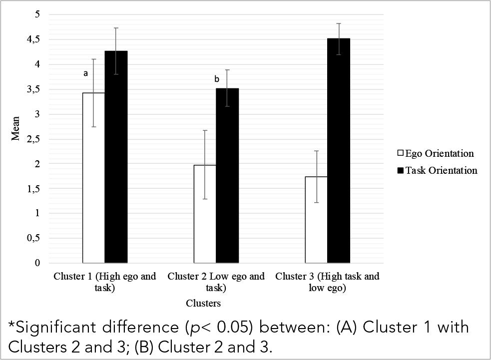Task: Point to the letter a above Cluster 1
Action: (x=85, y=73)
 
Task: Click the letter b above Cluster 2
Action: (x=216, y=79)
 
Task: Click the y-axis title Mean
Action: (x=16, y=128)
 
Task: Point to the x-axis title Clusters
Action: (x=203, y=303)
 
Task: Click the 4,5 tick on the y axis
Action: (x=34, y=39)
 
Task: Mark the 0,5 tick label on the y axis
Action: (x=34, y=238)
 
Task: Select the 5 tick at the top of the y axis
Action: (x=36, y=14)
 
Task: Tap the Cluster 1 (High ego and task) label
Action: (x=104, y=282)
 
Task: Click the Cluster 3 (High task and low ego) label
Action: (x=327, y=282)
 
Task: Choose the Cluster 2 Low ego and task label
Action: (x=216, y=282)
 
